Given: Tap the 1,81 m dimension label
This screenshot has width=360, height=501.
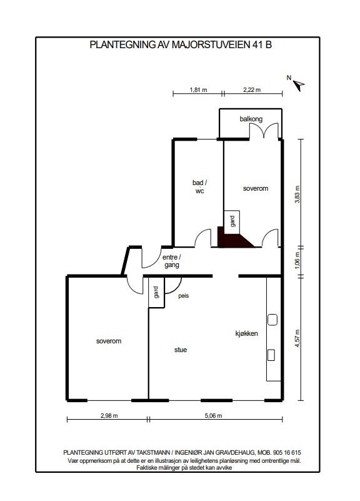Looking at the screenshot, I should (x=198, y=90).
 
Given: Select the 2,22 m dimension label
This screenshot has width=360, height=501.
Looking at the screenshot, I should (x=252, y=90).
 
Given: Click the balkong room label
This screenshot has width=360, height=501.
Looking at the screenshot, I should (x=251, y=119).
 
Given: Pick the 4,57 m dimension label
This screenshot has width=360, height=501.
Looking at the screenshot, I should (x=297, y=338).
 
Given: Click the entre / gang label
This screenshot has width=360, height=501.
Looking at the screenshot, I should (x=171, y=261).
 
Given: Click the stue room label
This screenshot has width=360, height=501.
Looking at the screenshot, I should (x=181, y=350).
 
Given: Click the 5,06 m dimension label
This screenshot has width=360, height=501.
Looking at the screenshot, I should (x=214, y=416).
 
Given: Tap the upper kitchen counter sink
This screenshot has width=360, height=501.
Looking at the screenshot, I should (x=272, y=320).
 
